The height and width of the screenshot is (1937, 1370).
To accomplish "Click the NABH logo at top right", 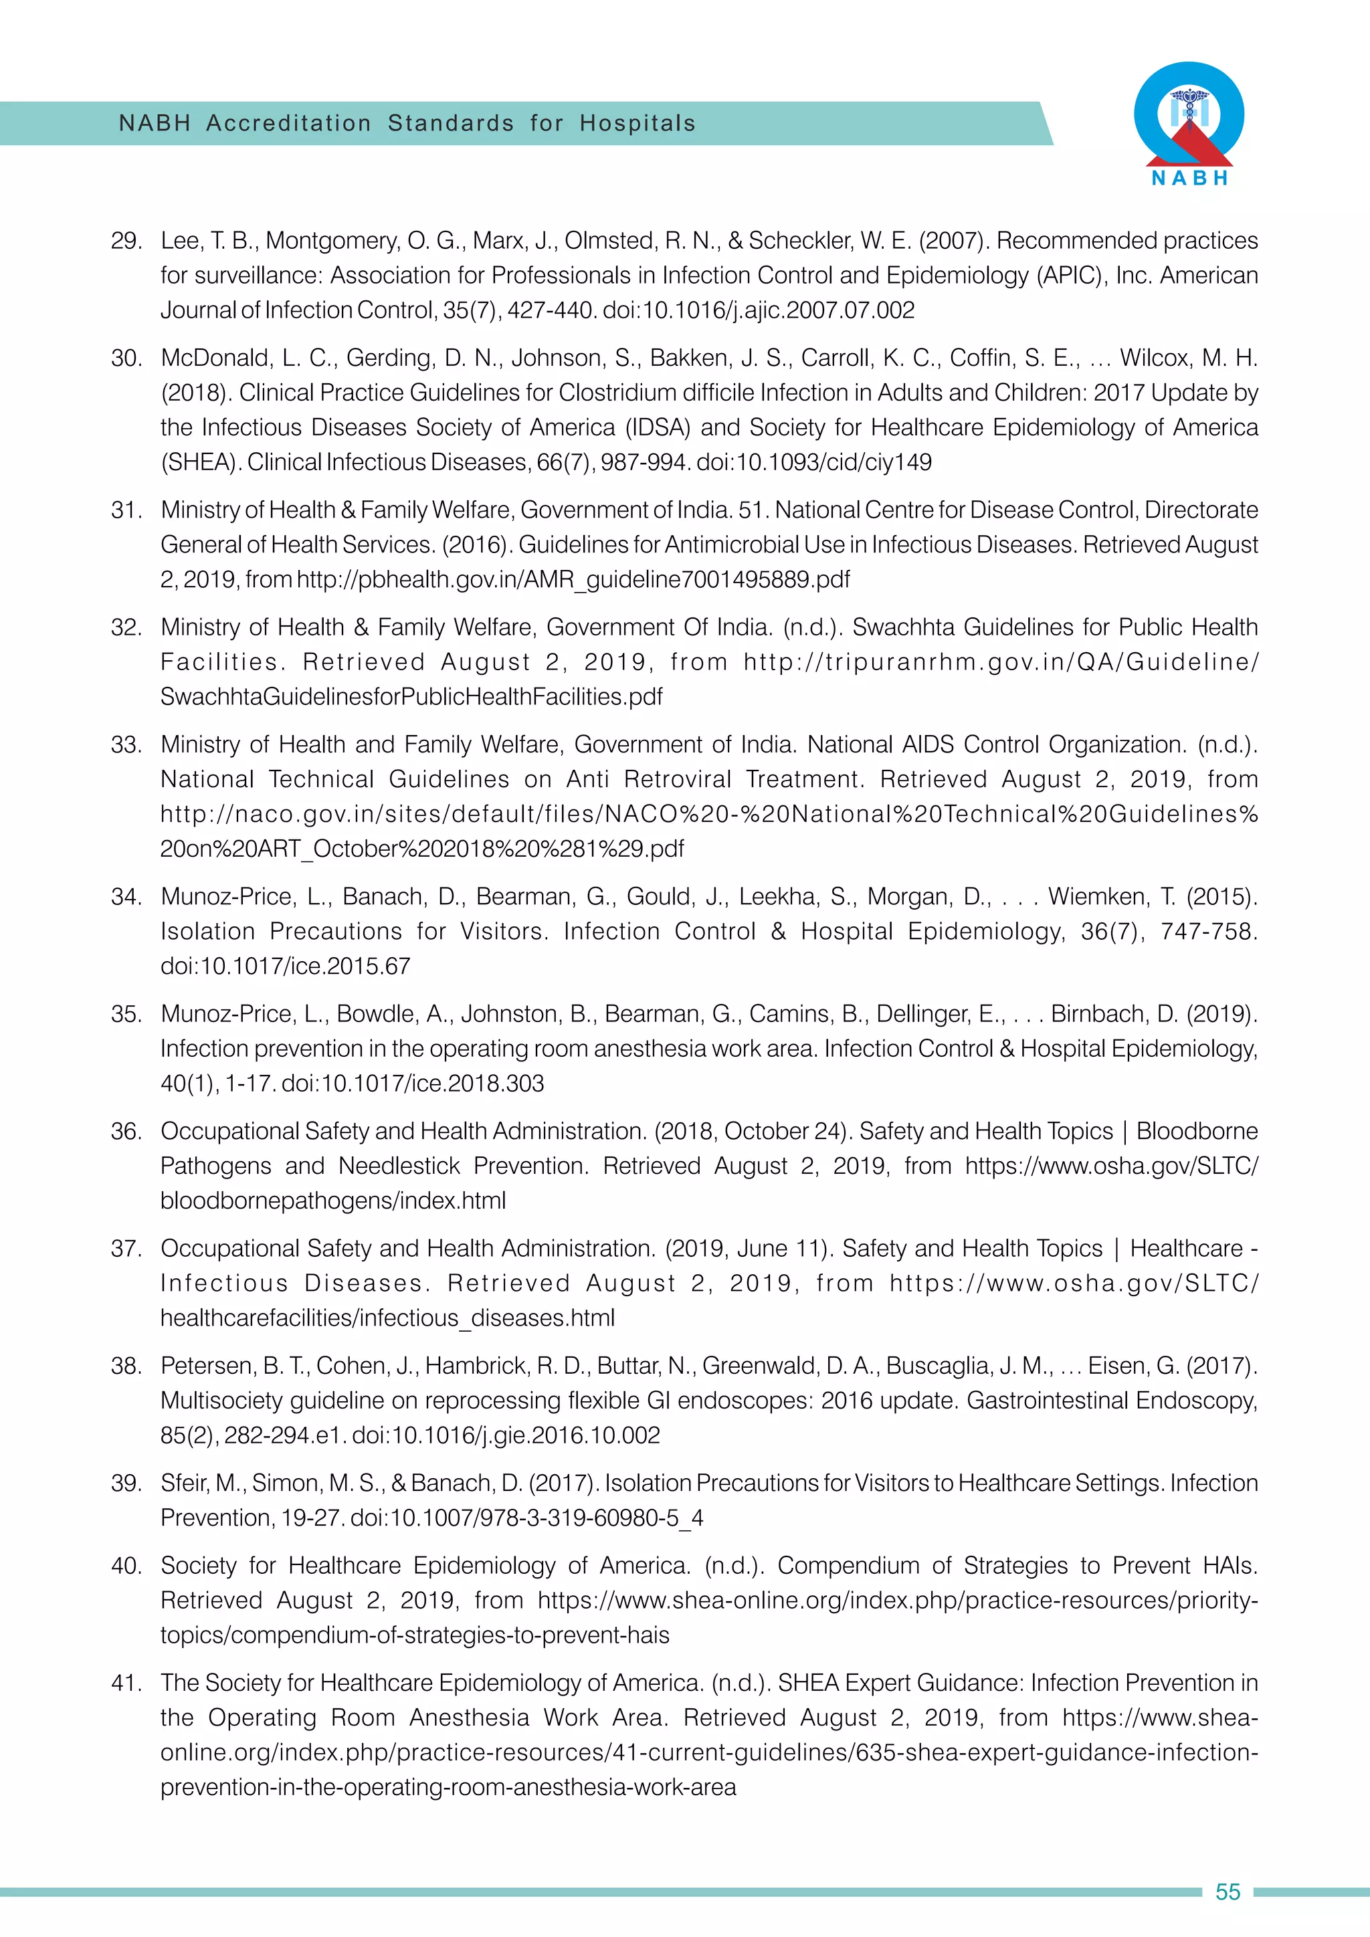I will coord(1189,123).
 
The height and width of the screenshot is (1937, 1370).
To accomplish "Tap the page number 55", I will coord(1228,1892).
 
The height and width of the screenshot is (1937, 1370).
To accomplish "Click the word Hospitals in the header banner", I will coord(637,123).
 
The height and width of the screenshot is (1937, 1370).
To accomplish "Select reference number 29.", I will coord(126,241).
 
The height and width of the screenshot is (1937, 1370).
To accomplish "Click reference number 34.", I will coord(126,897).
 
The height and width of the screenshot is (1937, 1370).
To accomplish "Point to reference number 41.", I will coord(126,1683).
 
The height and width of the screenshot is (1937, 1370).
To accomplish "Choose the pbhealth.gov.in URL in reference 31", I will coord(574,580).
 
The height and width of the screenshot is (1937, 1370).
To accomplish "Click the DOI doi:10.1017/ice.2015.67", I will coord(285,966).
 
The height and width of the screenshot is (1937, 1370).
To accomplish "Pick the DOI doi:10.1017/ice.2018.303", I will coord(413,1084).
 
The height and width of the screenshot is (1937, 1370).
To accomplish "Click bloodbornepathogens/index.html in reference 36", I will coord(333,1201).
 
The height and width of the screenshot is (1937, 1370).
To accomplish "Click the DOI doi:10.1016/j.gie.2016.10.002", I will coord(506,1435).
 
